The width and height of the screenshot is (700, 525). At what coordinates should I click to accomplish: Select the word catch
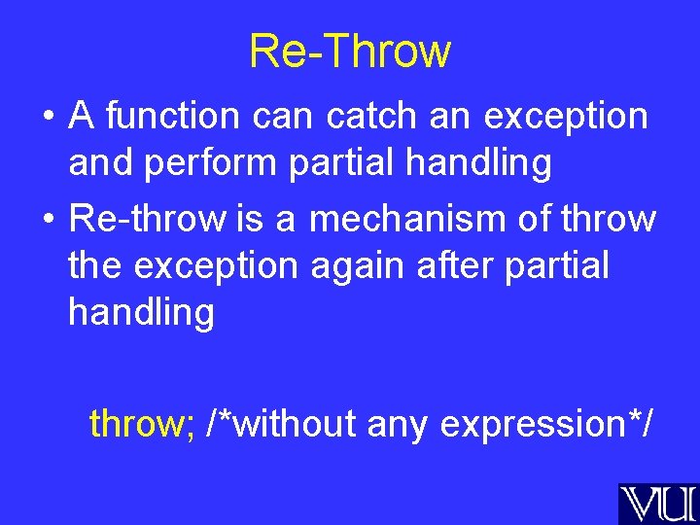371,115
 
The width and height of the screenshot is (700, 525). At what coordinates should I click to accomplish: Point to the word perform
211,164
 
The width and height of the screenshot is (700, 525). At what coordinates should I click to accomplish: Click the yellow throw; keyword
142,422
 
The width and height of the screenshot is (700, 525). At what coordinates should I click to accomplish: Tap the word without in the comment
295,422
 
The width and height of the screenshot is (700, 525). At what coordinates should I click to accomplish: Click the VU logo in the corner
659,504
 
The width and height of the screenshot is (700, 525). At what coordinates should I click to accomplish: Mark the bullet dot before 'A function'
49,117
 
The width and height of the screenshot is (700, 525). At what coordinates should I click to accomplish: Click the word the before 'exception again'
94,264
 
